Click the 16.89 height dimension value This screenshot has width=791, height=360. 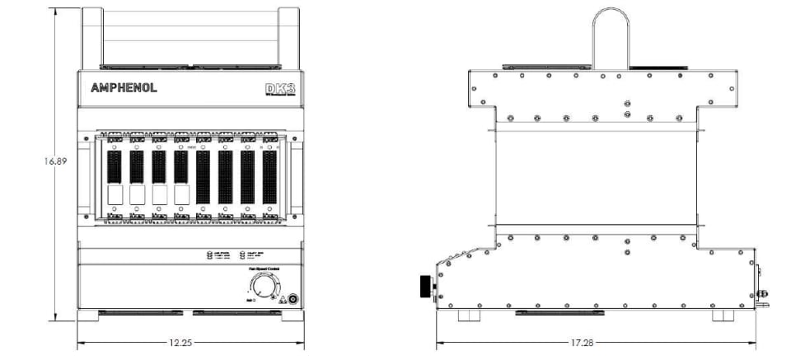click(x=54, y=161)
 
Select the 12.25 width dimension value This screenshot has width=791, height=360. click(x=181, y=343)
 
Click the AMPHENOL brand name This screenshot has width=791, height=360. click(x=124, y=88)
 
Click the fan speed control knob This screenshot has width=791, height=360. click(x=261, y=288)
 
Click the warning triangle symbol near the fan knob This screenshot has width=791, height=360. click(x=281, y=299)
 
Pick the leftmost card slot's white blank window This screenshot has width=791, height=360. click(x=115, y=195)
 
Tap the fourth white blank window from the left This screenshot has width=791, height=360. click(x=181, y=195)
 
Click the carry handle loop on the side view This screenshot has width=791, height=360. click(x=611, y=37)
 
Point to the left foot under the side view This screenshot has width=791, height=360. click(x=467, y=316)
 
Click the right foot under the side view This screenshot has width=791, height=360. click(x=723, y=316)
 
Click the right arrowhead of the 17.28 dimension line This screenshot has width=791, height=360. click(x=755, y=343)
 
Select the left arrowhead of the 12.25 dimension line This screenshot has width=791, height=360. click(x=80, y=343)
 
